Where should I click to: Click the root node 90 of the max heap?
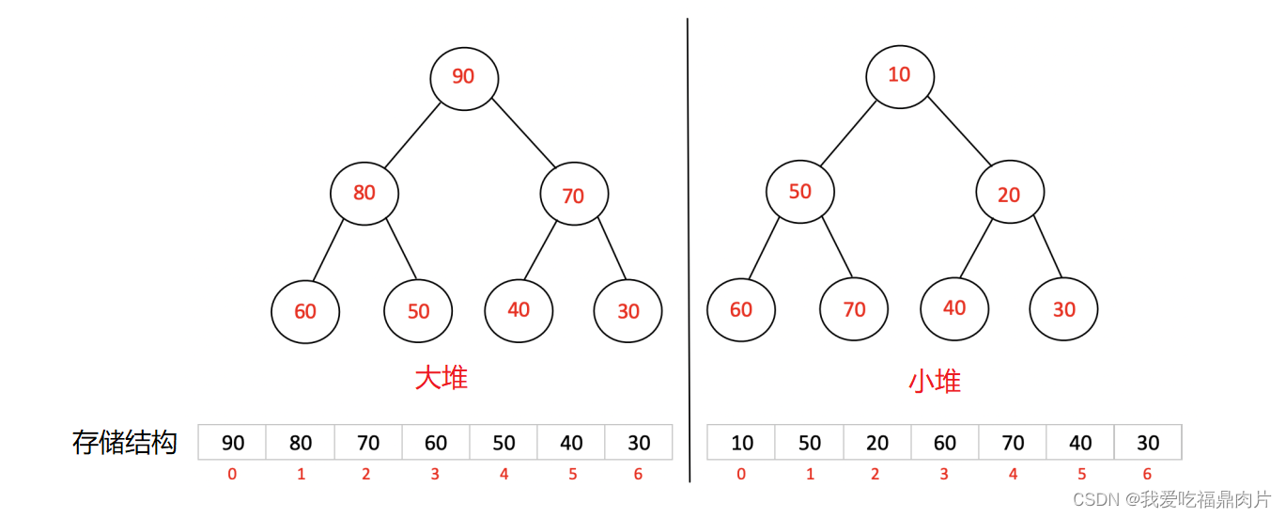tap(464, 77)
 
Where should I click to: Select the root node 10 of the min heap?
tap(899, 74)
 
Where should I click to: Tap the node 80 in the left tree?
tap(364, 193)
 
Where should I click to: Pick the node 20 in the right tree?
tap(1010, 195)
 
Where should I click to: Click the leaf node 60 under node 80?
tap(305, 311)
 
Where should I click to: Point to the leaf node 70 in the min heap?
tap(854, 309)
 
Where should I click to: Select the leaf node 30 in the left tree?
tap(628, 311)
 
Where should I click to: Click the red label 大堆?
tap(442, 378)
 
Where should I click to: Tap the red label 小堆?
tap(935, 381)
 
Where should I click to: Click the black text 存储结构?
tap(125, 443)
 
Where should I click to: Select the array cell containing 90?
tap(232, 443)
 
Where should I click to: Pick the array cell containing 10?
tap(741, 443)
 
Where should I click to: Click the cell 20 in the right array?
tap(877, 443)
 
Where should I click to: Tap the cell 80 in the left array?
tap(301, 443)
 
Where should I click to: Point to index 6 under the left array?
tap(638, 475)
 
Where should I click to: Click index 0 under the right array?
tap(741, 475)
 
